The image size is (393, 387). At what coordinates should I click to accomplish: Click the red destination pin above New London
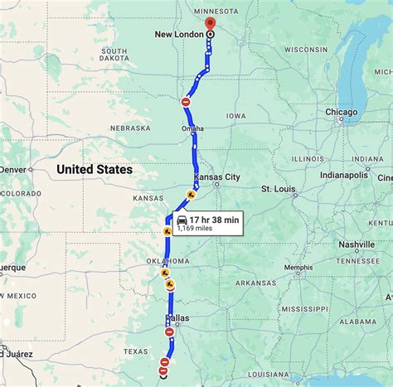click(x=209, y=23)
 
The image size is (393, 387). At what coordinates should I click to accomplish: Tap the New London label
click(x=180, y=35)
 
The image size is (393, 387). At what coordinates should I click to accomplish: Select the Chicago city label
click(x=342, y=112)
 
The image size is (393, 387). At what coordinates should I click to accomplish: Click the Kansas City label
click(x=216, y=177)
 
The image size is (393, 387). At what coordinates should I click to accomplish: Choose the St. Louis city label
click(x=279, y=189)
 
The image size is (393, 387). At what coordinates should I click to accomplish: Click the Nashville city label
click(x=357, y=244)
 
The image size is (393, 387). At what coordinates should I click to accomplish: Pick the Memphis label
click(x=298, y=268)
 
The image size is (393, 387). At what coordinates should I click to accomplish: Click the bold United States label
click(x=95, y=169)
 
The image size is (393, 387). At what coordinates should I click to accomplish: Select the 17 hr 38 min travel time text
click(x=214, y=220)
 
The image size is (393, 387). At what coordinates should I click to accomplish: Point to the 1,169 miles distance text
click(x=196, y=229)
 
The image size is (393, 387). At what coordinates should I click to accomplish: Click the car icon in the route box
click(x=182, y=220)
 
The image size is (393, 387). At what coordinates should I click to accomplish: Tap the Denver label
click(x=13, y=169)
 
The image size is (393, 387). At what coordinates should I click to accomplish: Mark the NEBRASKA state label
click(x=130, y=128)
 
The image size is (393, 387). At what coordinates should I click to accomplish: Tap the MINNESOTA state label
click(x=216, y=12)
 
